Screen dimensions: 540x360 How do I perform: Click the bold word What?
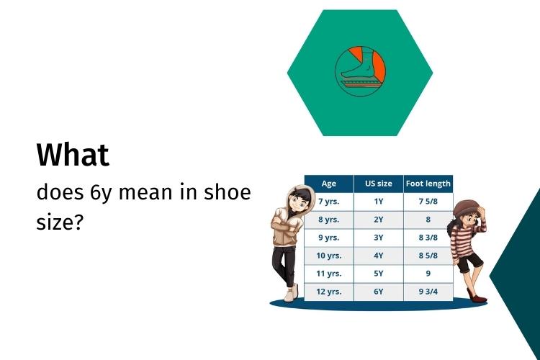point(73,155)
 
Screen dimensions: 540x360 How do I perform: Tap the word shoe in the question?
point(228,192)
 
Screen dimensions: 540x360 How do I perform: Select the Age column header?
point(329,184)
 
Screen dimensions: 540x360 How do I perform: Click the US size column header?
point(379,184)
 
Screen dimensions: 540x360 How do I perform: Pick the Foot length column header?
point(428,184)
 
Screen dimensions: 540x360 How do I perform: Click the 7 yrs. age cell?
point(329,202)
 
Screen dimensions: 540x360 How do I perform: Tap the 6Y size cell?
point(379,292)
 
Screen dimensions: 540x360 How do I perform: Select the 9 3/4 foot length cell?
point(428,292)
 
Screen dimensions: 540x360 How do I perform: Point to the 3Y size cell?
point(379,238)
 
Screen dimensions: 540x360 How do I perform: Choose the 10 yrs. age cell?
point(329,256)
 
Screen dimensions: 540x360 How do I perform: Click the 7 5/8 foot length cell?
point(428,202)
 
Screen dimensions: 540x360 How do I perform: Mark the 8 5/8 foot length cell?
point(428,256)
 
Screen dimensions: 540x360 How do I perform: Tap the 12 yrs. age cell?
point(329,292)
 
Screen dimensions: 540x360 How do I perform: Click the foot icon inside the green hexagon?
point(360,71)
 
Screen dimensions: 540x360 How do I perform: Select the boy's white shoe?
point(291,294)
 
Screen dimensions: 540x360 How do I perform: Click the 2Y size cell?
point(379,220)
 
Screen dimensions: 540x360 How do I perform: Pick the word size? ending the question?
point(60,222)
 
